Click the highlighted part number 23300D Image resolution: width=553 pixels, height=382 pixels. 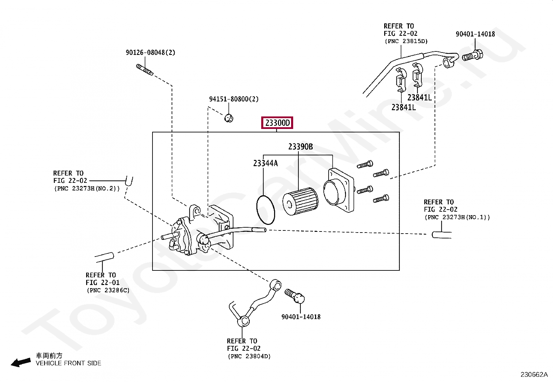(277, 123)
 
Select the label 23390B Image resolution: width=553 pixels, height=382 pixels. (300, 147)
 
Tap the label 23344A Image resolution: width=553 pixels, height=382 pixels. (265, 163)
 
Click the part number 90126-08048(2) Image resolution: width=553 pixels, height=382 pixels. (150, 52)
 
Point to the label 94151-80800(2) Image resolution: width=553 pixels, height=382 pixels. (234, 99)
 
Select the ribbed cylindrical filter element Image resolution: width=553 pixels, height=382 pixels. (300, 202)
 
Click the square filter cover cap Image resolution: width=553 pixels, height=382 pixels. (339, 190)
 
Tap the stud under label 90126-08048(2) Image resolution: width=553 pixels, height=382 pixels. (145, 70)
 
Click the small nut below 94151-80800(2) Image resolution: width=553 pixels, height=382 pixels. (229, 118)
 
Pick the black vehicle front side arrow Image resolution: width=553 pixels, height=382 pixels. (21, 363)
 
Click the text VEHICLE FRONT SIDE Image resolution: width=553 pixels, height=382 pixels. (68, 363)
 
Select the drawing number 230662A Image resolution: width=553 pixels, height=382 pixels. (534, 375)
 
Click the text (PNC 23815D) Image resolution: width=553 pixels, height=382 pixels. (406, 41)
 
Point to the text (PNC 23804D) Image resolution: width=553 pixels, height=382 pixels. (249, 356)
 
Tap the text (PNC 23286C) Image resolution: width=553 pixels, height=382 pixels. (108, 290)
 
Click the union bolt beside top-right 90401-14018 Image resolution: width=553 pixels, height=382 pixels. (472, 56)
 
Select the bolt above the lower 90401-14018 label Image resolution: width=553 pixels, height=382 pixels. (295, 296)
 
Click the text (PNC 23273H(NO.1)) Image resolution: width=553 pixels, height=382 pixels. (457, 217)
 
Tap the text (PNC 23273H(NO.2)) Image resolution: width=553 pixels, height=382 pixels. (87, 188)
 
